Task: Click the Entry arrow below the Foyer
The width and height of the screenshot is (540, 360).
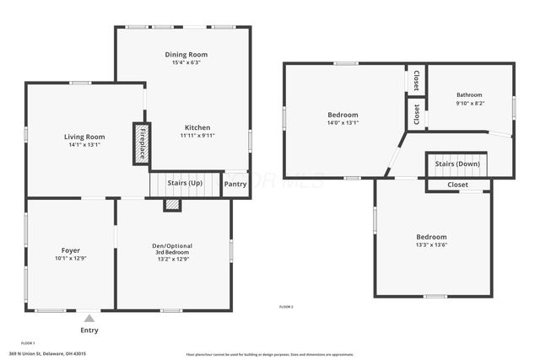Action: (x=89, y=318)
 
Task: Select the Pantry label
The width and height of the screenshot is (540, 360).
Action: (x=235, y=184)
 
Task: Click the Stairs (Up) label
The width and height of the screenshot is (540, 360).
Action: (x=185, y=183)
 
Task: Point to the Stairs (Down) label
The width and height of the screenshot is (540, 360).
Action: (x=457, y=164)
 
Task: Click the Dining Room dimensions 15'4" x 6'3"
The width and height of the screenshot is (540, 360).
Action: (x=186, y=62)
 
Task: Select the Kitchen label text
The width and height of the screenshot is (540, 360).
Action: (x=197, y=126)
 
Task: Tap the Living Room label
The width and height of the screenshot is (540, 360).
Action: (x=84, y=137)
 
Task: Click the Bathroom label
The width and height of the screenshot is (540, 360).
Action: (x=470, y=95)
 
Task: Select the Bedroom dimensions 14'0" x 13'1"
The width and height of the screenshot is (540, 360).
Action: (x=343, y=123)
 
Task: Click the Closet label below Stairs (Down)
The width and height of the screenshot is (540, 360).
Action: (x=457, y=185)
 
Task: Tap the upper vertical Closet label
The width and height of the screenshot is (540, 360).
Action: (x=416, y=80)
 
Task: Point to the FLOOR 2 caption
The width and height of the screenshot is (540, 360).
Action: (x=286, y=307)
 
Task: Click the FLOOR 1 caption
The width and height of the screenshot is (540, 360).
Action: (x=28, y=343)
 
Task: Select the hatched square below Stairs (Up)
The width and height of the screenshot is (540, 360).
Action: (x=172, y=204)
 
